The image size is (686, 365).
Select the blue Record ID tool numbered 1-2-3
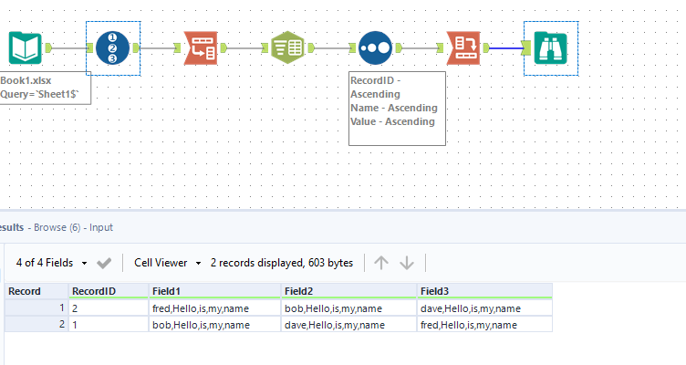tap(113, 47)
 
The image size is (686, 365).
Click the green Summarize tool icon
tap(287, 47)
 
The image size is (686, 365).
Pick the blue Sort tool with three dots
tap(375, 47)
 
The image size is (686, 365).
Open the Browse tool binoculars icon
tap(551, 47)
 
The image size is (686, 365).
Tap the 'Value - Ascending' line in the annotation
tap(392, 120)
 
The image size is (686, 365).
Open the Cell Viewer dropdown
tap(168, 263)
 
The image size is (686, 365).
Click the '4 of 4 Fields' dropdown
tap(52, 263)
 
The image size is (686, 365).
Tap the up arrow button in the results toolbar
tap(381, 263)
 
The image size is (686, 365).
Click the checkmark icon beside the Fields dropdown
tap(104, 263)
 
